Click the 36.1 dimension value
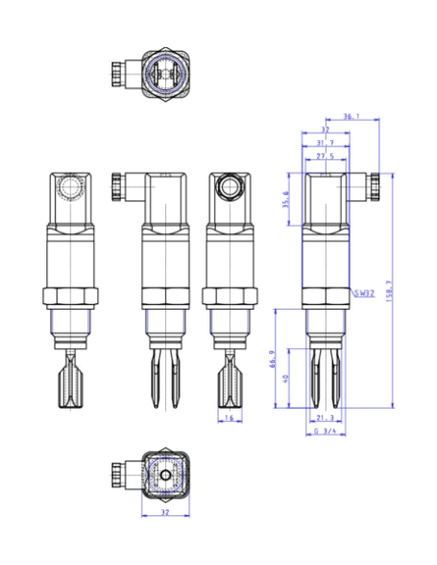click(352, 116)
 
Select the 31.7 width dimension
click(324, 142)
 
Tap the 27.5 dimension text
click(324, 155)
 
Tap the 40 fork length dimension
click(286, 379)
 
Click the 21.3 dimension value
click(324, 418)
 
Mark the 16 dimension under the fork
click(230, 418)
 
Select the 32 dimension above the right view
click(324, 129)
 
